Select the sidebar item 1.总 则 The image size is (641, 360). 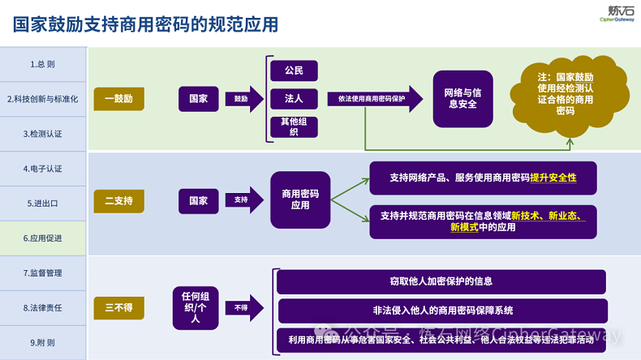[x=43, y=64]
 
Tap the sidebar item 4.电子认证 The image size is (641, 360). [x=43, y=169]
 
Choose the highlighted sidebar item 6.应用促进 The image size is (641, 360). [x=43, y=238]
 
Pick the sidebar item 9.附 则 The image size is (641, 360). [x=43, y=343]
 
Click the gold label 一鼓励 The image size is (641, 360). [x=118, y=99]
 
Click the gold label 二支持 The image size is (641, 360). [x=118, y=199]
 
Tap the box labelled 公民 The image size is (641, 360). [x=294, y=71]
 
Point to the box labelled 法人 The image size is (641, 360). [x=294, y=99]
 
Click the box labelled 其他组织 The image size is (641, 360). [x=294, y=126]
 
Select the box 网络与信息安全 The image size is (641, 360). [x=462, y=99]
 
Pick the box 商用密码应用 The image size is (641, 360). [x=300, y=199]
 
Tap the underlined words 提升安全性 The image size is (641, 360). [x=553, y=177]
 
